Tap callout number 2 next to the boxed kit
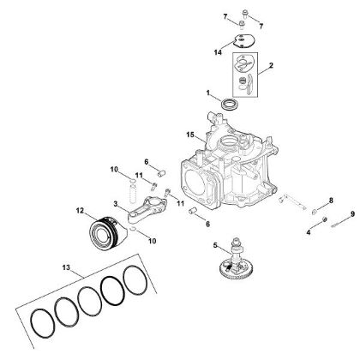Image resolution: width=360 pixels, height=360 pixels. pyautogui.click(x=271, y=64)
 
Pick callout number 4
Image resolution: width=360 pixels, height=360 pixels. pyautogui.click(x=308, y=231)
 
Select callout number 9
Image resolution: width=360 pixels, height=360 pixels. pyautogui.click(x=352, y=213)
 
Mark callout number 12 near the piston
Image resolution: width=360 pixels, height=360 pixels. pyautogui.click(x=80, y=210)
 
